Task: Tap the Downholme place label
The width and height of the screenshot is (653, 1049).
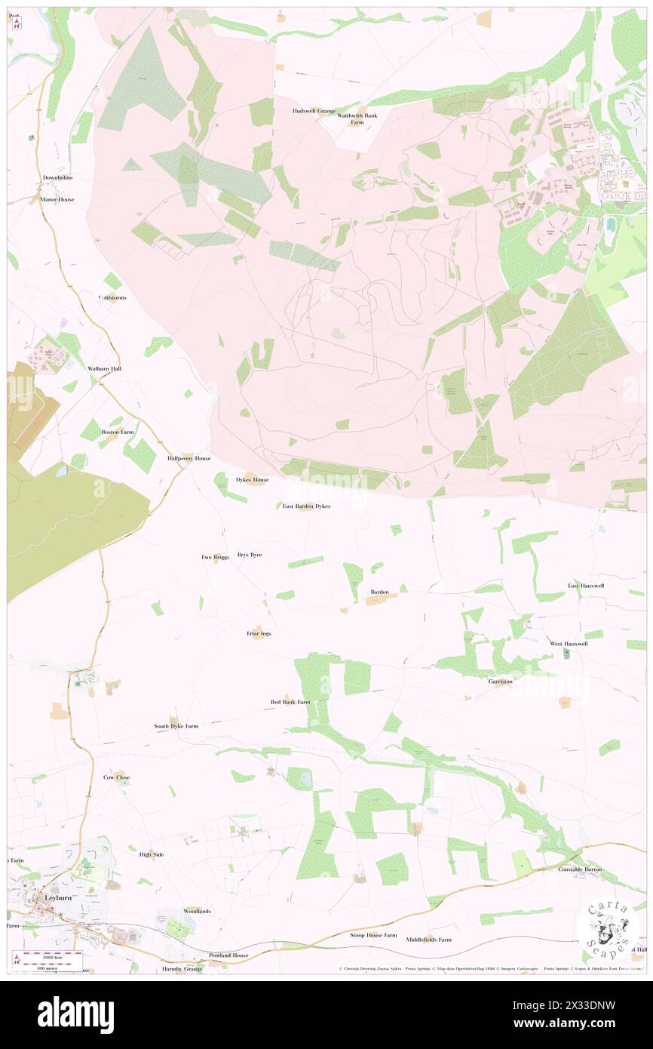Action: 57,177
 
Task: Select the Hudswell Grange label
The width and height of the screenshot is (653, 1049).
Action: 314,111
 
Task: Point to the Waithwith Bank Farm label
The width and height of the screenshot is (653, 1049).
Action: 357,118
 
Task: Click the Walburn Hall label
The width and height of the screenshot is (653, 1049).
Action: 104,368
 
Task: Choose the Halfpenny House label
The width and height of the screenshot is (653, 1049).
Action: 189,458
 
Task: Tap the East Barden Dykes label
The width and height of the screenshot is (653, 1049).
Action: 306,506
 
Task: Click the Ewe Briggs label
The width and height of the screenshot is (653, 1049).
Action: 215,557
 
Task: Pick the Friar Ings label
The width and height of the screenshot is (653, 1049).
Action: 259,633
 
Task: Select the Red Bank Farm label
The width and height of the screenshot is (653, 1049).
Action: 290,702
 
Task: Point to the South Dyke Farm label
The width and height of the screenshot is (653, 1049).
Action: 176,726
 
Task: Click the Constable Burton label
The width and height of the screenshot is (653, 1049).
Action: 580,869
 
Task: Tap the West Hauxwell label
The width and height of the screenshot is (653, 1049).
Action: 569,644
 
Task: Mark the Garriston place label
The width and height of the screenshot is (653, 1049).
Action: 500,681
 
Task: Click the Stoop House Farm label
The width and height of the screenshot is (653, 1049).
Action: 372,935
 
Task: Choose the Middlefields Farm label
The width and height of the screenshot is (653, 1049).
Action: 428,940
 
